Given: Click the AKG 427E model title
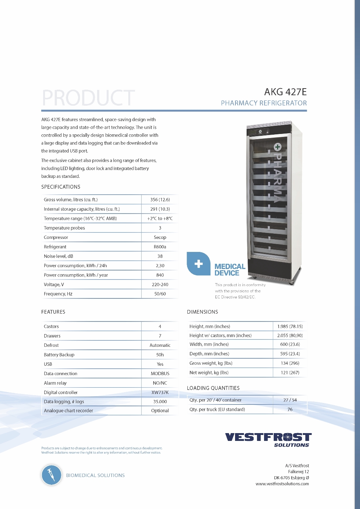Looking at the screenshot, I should point(285,92).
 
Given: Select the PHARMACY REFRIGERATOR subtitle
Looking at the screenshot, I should point(264,103).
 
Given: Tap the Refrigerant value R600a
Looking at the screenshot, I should point(160,247).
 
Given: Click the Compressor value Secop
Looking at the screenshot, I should point(160,237).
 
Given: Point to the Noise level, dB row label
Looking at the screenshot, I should point(58,256).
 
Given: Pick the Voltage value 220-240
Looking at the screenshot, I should point(160,285).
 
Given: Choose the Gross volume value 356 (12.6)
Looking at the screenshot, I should point(160,200).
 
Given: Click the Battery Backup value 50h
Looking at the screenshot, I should point(160,355).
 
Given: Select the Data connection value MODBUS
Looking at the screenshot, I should point(160,374).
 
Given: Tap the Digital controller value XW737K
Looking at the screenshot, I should point(160,393).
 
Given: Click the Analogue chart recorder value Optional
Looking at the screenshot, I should point(160,411).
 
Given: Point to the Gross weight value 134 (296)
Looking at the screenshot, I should point(290,363).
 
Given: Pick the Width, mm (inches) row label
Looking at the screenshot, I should point(209,345).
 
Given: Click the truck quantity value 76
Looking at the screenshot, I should point(290,410).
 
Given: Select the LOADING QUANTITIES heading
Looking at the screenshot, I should point(213,388).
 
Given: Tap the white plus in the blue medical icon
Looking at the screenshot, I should point(199,264).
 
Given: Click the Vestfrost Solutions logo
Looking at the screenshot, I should point(268,439).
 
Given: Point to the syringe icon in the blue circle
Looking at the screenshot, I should point(51,475).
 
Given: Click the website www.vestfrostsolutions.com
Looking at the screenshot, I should point(282,484).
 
